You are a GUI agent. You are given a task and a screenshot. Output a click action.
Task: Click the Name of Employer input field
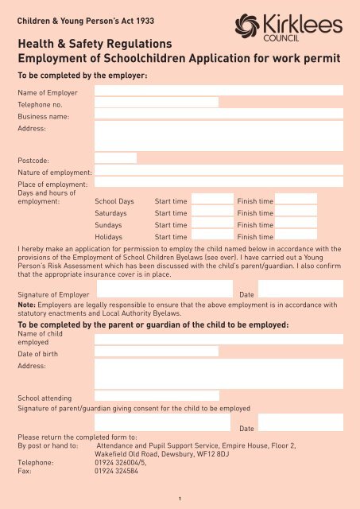[219, 91]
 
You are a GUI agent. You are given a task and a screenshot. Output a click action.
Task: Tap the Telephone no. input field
[156, 103]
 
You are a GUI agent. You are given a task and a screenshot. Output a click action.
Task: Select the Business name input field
[219, 115]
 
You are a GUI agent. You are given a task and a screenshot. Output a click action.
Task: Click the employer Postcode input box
[115, 158]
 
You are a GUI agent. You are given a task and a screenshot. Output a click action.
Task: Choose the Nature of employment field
[219, 170]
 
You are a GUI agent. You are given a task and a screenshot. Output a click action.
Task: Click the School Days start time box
[212, 200]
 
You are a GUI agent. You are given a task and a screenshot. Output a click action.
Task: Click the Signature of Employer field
[163, 289]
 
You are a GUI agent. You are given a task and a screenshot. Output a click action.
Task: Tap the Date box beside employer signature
[300, 289]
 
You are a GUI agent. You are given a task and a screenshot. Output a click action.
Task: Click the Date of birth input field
[156, 352]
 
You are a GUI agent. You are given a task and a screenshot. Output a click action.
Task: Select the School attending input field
[156, 396]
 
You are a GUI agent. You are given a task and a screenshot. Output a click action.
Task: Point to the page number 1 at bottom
[180, 499]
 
